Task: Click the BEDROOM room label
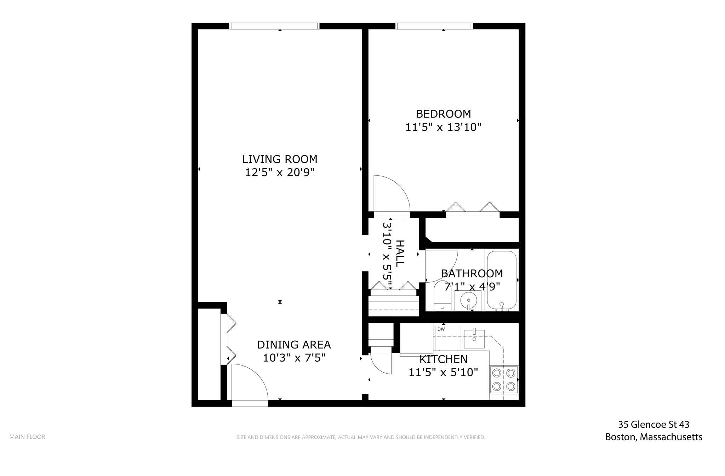click(x=443, y=114)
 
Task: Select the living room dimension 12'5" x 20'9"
click(x=280, y=172)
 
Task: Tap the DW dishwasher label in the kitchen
click(x=441, y=329)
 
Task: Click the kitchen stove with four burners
click(x=504, y=379)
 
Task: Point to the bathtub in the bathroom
click(x=502, y=280)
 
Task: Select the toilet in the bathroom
click(x=442, y=297)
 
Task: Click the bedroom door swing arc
click(x=393, y=193)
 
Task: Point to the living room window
click(x=274, y=26)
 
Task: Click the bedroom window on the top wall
click(x=434, y=26)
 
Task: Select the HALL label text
click(x=400, y=253)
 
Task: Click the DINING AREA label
click(x=294, y=345)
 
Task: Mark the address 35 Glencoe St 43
click(x=653, y=424)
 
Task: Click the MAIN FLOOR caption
click(x=27, y=437)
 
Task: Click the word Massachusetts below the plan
click(x=671, y=437)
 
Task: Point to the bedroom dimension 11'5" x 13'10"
click(x=443, y=127)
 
